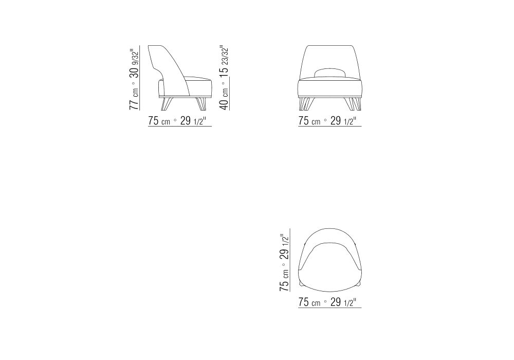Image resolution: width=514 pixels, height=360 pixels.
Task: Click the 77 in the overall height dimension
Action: (x=134, y=103)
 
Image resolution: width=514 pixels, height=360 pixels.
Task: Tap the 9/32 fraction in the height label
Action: (x=134, y=58)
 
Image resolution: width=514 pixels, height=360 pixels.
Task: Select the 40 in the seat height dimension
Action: (x=224, y=103)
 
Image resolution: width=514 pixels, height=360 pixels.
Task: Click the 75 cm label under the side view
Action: (x=159, y=121)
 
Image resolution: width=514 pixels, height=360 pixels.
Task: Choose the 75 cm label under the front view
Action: (x=309, y=121)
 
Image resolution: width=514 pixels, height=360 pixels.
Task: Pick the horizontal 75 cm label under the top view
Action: (x=309, y=302)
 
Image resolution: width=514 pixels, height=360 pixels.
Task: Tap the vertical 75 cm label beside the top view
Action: (x=284, y=280)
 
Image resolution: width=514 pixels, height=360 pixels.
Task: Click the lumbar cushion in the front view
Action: (x=330, y=73)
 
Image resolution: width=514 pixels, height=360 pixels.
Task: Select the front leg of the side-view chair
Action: (x=201, y=103)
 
